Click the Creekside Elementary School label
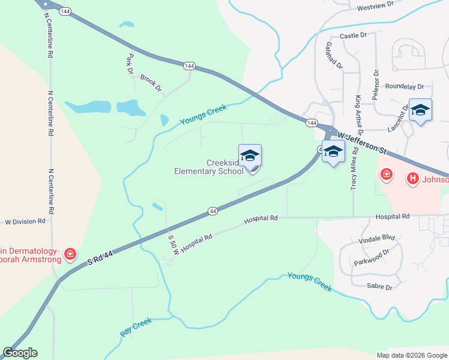coord(209,167)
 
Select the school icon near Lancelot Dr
coord(420,110)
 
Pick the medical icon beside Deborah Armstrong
coord(71,254)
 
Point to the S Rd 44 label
coord(100,256)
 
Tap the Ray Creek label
coord(136,327)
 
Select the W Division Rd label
coord(25,221)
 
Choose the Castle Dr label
coord(353,36)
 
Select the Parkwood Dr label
coord(372,261)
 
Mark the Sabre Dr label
coord(379,287)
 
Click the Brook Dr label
coord(151,83)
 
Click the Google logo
coord(20,353)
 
